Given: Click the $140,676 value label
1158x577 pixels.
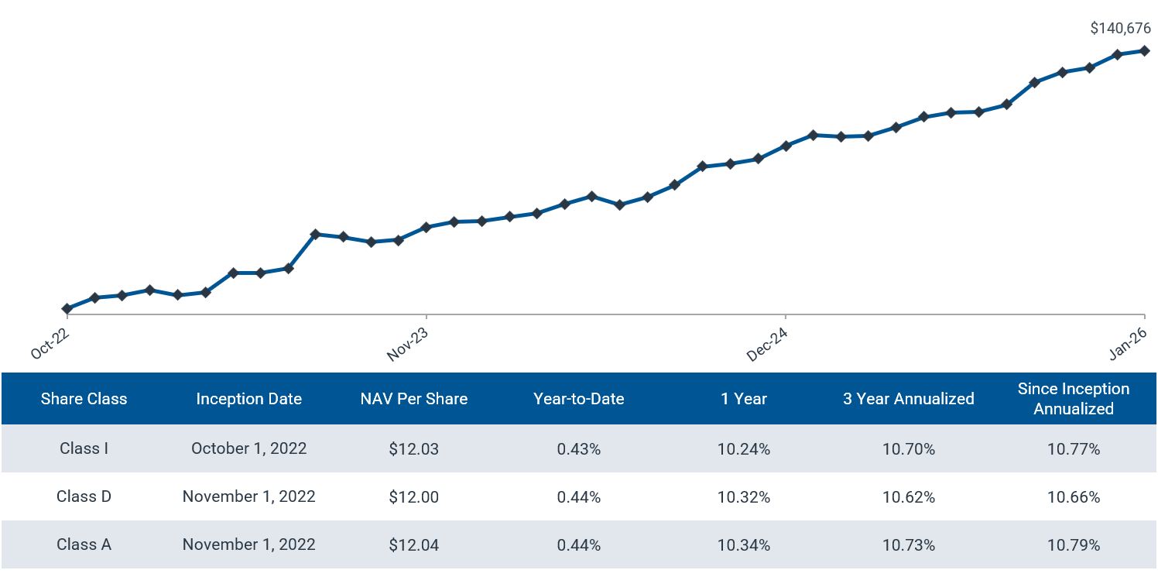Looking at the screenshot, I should [1120, 29].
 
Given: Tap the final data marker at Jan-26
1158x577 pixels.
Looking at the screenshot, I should [1144, 50].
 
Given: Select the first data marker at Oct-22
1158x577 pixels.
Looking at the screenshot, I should [67, 308].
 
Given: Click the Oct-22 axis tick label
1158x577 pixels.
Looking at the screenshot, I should [50, 342].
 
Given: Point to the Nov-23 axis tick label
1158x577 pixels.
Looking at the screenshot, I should [408, 342].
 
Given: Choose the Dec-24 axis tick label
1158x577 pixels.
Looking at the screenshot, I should [767, 342].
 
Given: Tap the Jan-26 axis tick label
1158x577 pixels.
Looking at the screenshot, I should [1127, 342].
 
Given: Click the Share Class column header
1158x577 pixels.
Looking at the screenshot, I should [84, 399].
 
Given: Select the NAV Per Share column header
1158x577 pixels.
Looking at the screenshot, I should [413, 399].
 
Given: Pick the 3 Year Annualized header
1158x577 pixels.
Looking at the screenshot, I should [908, 399].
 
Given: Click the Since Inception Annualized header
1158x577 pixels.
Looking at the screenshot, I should [1073, 399].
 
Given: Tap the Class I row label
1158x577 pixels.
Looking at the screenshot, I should [84, 448].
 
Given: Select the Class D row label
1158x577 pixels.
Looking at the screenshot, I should [84, 496].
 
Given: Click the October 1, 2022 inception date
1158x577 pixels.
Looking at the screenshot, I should [248, 448].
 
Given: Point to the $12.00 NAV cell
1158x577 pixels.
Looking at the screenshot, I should [413, 496].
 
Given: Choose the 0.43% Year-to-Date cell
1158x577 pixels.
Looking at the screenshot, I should [578, 448].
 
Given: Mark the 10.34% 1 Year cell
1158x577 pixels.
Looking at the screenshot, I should [743, 544].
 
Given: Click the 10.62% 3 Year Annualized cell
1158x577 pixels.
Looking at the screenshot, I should [908, 496].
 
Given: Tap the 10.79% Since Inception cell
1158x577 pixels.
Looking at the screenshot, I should [1073, 544].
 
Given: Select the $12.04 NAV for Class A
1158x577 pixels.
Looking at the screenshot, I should [413, 544].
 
